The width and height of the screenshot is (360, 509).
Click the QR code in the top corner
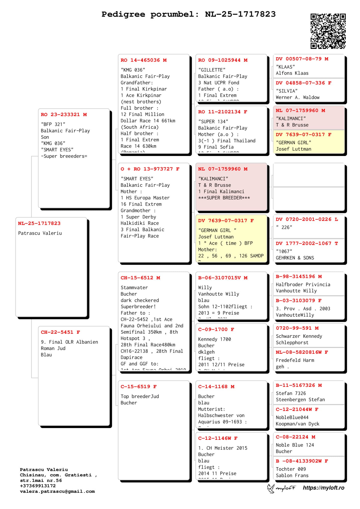(328, 31)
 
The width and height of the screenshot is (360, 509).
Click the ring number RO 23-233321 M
(64, 115)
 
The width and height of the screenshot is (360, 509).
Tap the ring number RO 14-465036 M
(144, 60)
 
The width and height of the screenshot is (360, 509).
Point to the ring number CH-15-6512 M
(140, 278)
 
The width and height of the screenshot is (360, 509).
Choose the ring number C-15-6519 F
(139, 387)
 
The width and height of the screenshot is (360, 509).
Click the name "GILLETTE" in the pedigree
(212, 70)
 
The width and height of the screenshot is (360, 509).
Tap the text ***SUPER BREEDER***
(224, 198)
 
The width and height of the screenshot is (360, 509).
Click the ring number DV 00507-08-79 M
(302, 59)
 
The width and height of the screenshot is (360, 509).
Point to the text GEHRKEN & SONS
(295, 258)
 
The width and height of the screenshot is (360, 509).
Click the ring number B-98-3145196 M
(299, 277)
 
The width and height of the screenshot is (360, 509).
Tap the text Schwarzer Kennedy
(299, 336)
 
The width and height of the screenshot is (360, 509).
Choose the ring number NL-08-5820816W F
(302, 352)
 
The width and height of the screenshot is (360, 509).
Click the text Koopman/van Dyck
(297, 424)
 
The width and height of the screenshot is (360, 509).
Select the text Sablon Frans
(292, 475)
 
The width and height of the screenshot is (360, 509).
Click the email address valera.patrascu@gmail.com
(57, 491)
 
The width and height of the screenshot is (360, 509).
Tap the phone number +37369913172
(38, 486)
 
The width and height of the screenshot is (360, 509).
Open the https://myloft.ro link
(323, 488)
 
